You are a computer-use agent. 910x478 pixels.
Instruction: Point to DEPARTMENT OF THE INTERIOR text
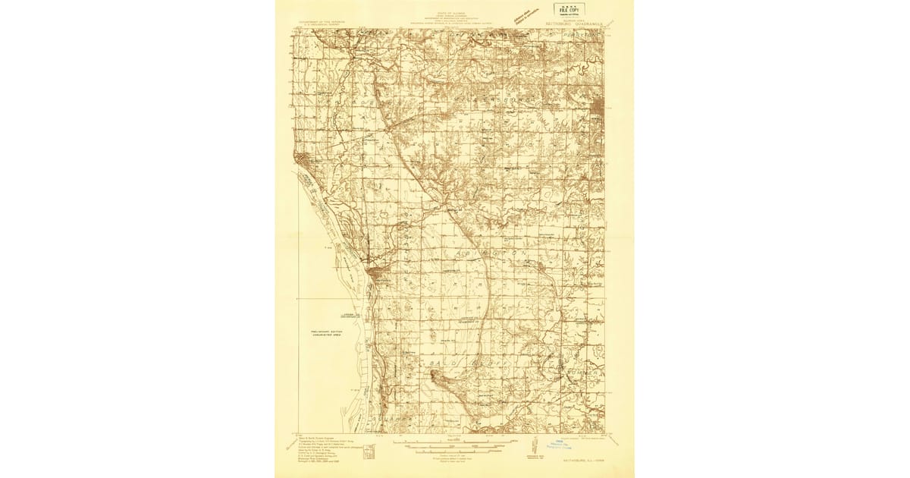[322, 23]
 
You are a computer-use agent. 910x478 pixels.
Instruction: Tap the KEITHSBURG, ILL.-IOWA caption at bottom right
[595, 462]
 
